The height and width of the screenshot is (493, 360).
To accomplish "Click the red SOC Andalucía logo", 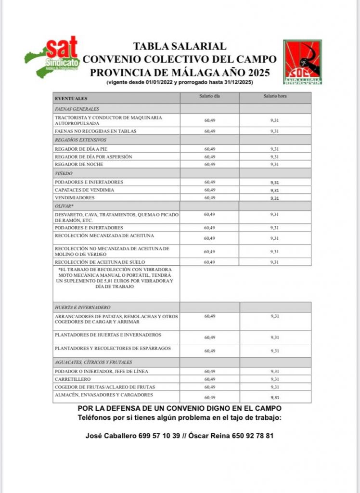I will click(x=302, y=62).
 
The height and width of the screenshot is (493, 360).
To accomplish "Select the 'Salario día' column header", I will click(x=210, y=97).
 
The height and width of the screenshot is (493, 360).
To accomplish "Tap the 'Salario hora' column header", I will click(x=275, y=97).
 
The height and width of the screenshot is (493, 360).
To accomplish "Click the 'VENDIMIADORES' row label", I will click(x=75, y=198).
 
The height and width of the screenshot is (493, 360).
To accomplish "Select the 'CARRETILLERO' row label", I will click(x=72, y=379).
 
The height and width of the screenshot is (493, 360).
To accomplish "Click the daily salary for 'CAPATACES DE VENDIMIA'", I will click(x=210, y=190).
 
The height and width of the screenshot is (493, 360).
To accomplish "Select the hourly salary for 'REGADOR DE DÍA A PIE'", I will click(x=275, y=149).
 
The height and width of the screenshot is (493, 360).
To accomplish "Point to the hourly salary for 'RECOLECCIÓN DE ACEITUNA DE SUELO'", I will click(x=275, y=262).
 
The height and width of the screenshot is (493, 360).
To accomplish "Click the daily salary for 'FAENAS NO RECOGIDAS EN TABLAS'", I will click(x=210, y=131).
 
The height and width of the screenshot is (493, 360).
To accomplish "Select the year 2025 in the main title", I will click(x=256, y=72).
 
